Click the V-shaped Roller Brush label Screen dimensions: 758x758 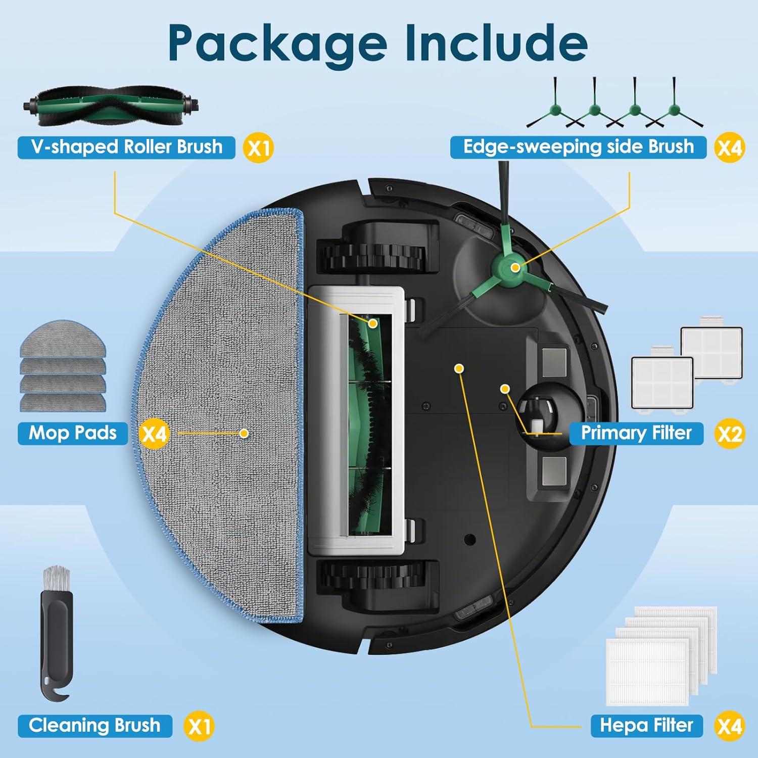click(x=126, y=147)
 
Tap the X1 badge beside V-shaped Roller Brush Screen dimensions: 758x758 click(x=258, y=148)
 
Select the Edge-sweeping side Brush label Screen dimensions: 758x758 click(x=578, y=147)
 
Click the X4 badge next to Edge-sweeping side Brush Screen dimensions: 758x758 click(x=730, y=148)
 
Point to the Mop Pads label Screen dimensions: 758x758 click(x=73, y=433)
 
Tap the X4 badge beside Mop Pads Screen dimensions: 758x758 click(x=154, y=434)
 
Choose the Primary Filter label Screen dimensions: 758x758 click(x=636, y=433)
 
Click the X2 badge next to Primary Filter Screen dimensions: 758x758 click(x=730, y=434)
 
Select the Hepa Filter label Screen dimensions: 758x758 click(x=646, y=726)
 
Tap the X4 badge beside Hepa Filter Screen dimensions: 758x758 click(x=730, y=726)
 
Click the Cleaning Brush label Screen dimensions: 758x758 click(x=94, y=726)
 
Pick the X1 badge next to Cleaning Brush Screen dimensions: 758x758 click(x=199, y=727)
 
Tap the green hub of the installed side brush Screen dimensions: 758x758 click(x=515, y=267)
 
